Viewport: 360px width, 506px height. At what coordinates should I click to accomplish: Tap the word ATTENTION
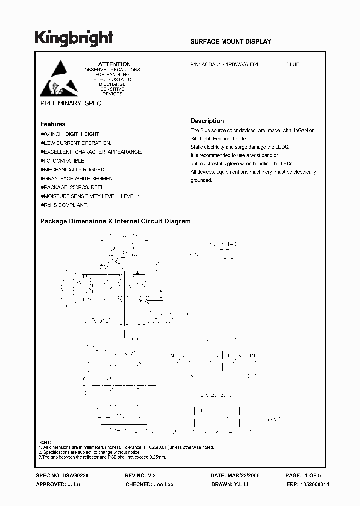pos(114,64)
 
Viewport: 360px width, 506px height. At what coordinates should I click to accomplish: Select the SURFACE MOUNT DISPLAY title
pos(231,42)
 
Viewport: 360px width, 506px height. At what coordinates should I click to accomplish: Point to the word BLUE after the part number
pos(293,64)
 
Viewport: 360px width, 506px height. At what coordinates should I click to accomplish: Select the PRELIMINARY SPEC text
pos(70,103)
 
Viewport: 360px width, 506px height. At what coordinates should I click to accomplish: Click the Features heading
pos(53,124)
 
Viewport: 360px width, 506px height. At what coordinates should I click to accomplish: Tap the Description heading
pos(207,121)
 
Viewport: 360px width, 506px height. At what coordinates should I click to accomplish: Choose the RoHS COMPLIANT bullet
pos(65,205)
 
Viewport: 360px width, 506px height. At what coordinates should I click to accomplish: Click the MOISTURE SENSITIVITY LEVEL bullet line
pos(92,196)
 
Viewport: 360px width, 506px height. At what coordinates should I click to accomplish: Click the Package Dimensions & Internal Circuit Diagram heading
pos(115,221)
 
